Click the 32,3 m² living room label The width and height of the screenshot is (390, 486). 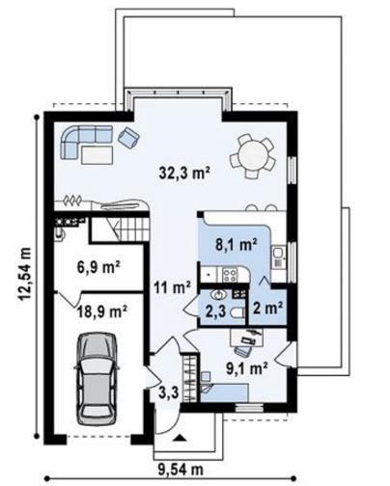tap(184, 173)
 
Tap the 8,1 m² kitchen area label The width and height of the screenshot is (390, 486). tap(236, 245)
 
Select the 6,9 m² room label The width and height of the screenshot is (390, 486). tap(98, 267)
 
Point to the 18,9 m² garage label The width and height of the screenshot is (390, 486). tap(102, 311)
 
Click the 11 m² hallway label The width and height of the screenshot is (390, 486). tap(172, 287)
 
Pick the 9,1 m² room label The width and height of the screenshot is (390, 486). tap(247, 368)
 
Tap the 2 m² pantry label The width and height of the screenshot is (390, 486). tap(267, 308)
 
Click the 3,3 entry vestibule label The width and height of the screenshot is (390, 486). tap(168, 392)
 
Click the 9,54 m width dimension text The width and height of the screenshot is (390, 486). tap(181, 470)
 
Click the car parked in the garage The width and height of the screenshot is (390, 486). tap(97, 379)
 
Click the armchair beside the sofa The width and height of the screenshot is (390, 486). tap(128, 137)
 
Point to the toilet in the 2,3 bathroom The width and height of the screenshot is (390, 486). tap(238, 312)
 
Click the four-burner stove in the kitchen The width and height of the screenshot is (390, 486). tap(230, 275)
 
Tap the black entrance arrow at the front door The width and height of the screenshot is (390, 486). tap(180, 438)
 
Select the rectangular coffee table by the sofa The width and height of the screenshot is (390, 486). tap(97, 155)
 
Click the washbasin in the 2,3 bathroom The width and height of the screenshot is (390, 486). tap(219, 294)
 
